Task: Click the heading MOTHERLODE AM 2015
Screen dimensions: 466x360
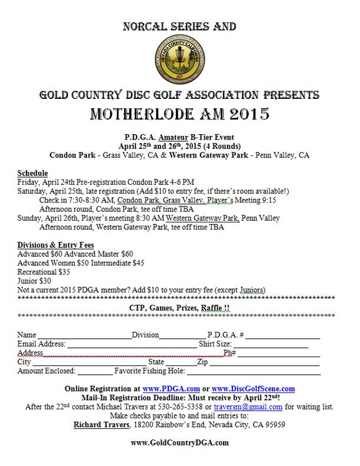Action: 179,114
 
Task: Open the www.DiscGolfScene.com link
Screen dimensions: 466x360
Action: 253,389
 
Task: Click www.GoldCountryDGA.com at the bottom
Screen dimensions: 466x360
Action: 179,442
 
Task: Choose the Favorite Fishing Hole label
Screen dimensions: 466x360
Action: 147,371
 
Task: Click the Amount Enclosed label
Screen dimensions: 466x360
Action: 46,371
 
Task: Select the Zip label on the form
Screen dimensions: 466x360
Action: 202,362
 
